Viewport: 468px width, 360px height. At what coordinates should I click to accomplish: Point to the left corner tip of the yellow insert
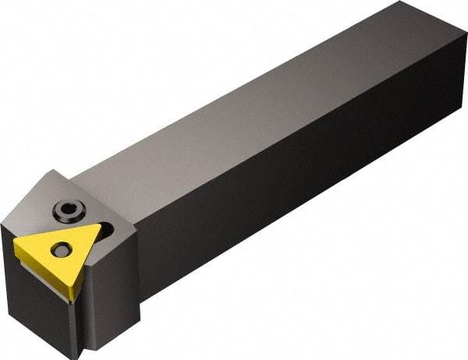coord(16,241)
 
